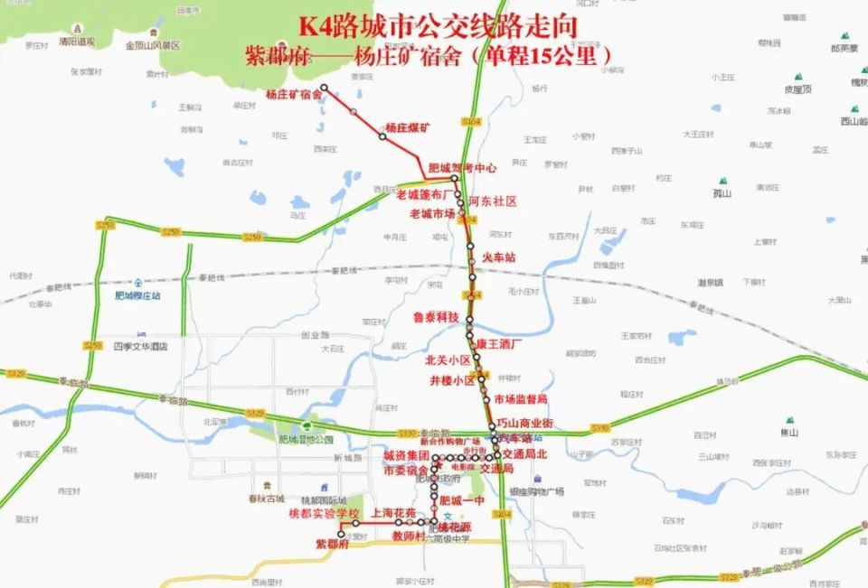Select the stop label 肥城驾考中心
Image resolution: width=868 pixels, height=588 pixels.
tap(462, 168)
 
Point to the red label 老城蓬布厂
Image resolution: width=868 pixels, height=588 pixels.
tap(424, 195)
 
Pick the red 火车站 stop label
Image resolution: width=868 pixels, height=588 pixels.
tap(498, 257)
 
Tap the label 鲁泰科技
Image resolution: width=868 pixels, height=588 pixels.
tap(436, 318)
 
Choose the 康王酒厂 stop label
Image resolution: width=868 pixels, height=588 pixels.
tap(500, 344)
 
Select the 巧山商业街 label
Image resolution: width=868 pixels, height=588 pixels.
tap(524, 425)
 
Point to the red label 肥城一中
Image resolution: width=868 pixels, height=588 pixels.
tap(462, 499)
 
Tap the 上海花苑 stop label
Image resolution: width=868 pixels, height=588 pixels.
tap(394, 513)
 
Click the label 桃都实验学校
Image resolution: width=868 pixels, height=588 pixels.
tap(324, 513)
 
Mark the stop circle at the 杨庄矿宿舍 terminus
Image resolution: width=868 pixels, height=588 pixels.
tap(324, 89)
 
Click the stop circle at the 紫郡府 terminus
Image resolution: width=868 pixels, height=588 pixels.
tap(341, 535)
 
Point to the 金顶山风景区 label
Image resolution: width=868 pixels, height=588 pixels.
tap(153, 45)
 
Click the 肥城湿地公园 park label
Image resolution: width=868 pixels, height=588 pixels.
tap(306, 440)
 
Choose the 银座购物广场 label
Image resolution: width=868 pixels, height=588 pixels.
tap(536, 491)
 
